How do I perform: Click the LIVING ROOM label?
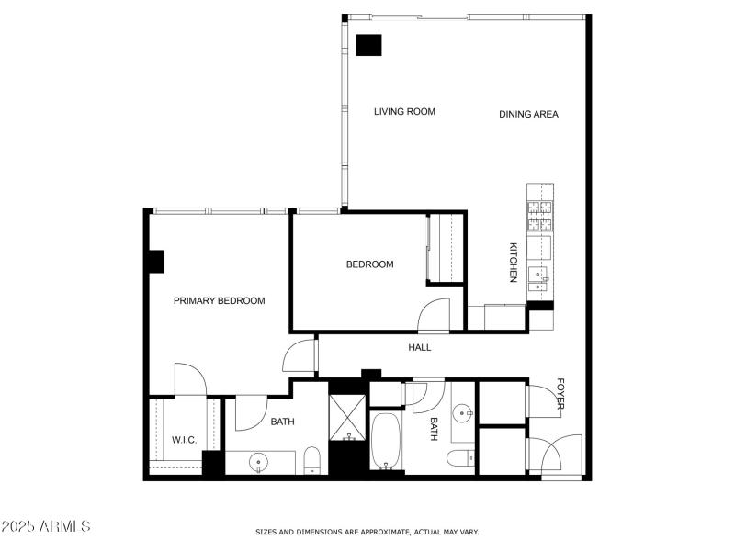coord(404,112)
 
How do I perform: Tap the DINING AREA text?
coord(528,115)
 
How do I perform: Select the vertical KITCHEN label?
coord(514,263)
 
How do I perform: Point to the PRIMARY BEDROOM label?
coord(220,301)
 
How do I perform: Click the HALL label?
coord(419,348)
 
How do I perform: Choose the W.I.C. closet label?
coord(185,440)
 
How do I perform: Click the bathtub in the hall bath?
coord(387,442)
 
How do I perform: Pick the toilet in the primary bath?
coord(311,460)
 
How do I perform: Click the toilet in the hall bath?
coord(460,457)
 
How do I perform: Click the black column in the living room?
coord(369,46)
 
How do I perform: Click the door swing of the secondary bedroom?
coord(435,318)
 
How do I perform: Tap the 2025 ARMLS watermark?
coord(46,527)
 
